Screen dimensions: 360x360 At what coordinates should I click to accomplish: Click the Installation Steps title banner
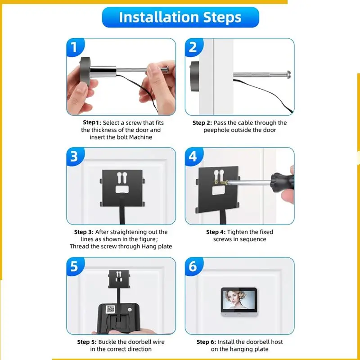tap(180, 17)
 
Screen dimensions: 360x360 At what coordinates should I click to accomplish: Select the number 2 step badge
tap(193, 47)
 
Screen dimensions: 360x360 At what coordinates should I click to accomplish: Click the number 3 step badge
tap(75, 156)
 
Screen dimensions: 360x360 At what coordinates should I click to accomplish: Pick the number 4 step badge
tap(193, 156)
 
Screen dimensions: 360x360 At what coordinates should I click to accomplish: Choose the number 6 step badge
tap(193, 266)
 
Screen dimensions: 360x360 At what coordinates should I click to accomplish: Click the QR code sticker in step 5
tap(110, 309)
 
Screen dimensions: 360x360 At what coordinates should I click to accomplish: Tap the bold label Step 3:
tap(84, 232)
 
